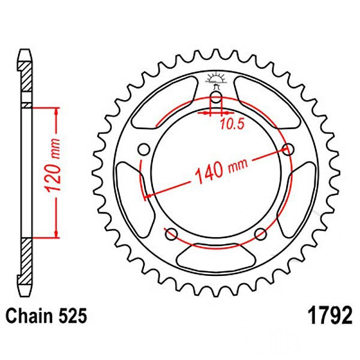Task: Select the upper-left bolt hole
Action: (143, 149)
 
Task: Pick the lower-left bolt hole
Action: (170, 233)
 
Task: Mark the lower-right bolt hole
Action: (260, 233)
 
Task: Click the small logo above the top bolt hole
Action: (216, 79)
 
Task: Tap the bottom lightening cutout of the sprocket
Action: (215, 259)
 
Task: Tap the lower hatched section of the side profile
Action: (25, 258)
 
